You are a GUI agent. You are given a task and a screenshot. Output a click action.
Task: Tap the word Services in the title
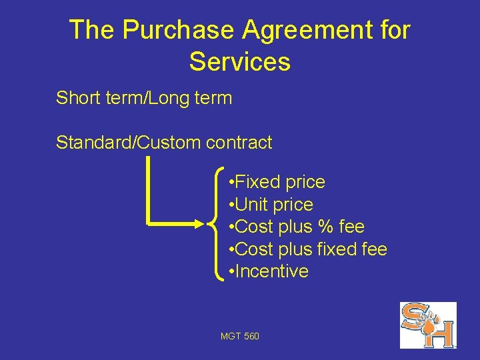pos(239,62)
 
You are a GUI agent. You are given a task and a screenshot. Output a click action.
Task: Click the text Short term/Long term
pos(144,99)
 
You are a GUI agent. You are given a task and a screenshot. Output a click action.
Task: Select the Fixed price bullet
pos(276,182)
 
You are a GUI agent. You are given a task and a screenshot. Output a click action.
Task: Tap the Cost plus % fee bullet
pos(296,227)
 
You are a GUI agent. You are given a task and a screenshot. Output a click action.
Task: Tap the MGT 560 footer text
pos(240,336)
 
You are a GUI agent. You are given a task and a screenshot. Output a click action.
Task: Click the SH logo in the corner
pos(427,325)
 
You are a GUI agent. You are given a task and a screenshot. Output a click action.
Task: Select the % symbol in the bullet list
pos(325,227)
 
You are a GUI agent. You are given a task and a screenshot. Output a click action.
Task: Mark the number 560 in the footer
pos(251,336)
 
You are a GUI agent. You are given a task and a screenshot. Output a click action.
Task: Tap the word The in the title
pos(92,30)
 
